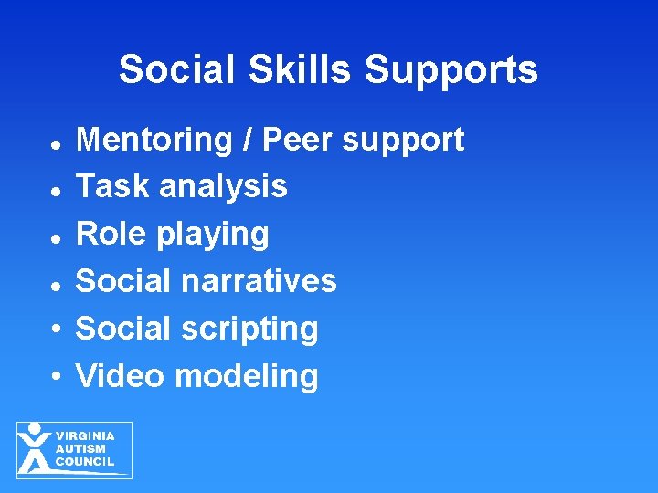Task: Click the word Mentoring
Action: coord(154,140)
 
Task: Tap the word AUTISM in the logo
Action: coord(81,448)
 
